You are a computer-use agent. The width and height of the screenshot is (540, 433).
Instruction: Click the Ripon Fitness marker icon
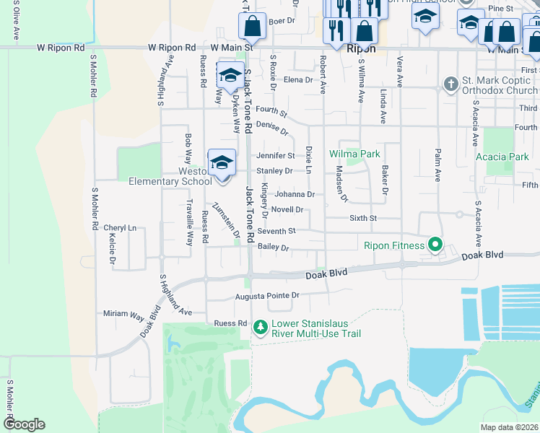(435, 245)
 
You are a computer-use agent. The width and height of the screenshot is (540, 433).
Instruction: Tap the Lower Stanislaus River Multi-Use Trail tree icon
(261, 328)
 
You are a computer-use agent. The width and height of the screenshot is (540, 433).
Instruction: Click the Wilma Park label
(354, 154)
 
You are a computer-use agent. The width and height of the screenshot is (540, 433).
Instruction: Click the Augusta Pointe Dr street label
(266, 296)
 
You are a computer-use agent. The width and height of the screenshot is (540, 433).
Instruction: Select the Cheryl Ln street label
(119, 227)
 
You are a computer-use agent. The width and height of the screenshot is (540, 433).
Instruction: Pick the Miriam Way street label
(123, 315)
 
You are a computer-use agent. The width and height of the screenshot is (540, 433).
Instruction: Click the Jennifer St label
(276, 155)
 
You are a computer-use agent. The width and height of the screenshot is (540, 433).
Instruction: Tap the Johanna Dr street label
(295, 194)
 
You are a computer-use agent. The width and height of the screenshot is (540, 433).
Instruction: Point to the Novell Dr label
(287, 209)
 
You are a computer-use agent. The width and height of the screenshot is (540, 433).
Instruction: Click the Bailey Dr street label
(274, 248)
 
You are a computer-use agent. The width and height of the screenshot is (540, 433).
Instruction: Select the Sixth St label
(363, 217)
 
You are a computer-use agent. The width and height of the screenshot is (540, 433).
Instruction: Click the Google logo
(24, 424)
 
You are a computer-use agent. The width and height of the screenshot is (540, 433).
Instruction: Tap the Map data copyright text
(509, 427)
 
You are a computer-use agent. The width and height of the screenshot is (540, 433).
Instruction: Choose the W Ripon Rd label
(172, 48)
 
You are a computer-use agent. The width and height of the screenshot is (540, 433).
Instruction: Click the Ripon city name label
(361, 49)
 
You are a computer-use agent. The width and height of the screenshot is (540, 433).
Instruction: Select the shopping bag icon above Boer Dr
(252, 27)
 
